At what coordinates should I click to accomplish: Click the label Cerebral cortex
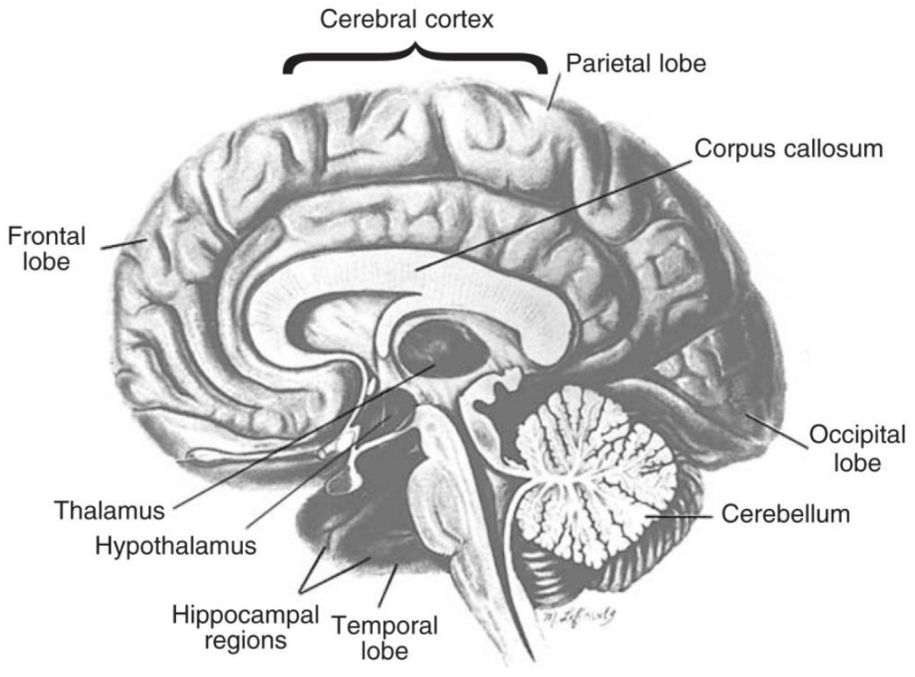click(407, 20)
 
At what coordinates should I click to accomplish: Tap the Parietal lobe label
click(637, 63)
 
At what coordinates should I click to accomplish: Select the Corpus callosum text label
click(788, 148)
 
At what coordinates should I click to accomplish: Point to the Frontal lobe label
click(46, 249)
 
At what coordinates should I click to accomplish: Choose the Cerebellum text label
click(785, 515)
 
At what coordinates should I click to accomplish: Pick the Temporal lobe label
click(385, 638)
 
